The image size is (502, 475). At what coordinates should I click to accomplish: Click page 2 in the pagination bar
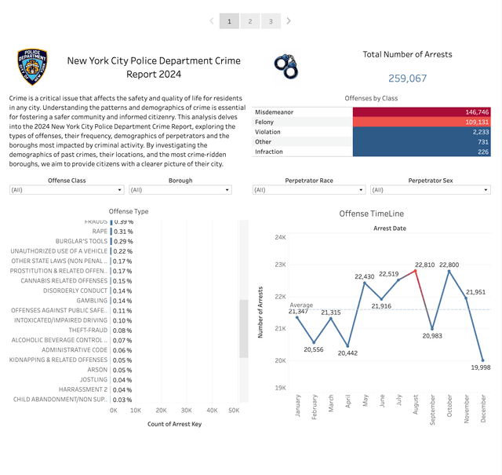[x=250, y=21]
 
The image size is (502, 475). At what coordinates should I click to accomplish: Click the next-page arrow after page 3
[x=289, y=21]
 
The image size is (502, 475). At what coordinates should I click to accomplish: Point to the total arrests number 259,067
[x=407, y=79]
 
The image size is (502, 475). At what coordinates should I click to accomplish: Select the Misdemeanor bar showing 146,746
[x=423, y=112]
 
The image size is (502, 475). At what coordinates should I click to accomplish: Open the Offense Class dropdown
[x=67, y=190]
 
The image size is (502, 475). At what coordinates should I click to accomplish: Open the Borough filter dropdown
[x=180, y=190]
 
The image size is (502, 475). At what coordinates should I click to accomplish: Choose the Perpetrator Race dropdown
[x=309, y=190]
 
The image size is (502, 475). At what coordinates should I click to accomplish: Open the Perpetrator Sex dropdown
[x=430, y=190]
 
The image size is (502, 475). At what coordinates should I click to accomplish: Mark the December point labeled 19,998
[x=482, y=360]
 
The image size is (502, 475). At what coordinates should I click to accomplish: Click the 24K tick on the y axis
[x=280, y=237]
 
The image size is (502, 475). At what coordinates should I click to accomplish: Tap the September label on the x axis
[x=433, y=413]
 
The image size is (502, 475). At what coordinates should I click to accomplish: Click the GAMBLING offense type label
[x=92, y=301]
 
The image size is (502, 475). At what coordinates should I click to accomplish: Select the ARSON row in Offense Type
[x=98, y=370]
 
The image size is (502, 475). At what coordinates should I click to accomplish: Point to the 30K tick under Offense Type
[x=187, y=411]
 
